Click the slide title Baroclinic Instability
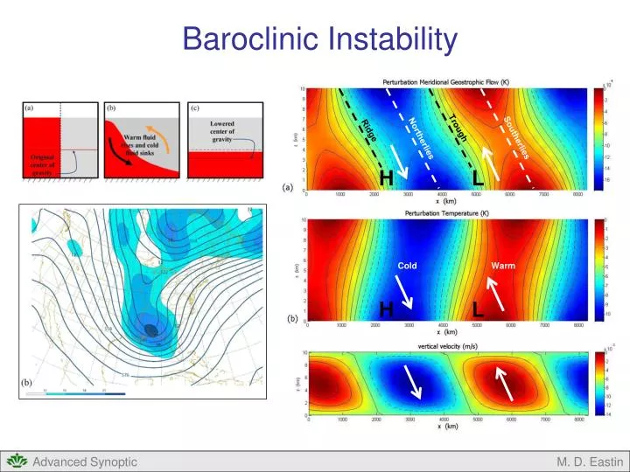click(319, 38)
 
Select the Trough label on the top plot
click(465, 128)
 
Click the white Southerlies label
click(515, 138)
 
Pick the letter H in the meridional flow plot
click(385, 178)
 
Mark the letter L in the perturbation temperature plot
click(478, 309)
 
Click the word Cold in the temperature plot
click(408, 265)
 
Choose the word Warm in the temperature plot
click(503, 265)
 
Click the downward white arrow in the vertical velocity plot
click(413, 383)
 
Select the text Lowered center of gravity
click(222, 131)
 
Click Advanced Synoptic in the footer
click(85, 462)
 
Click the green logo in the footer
click(15, 461)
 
